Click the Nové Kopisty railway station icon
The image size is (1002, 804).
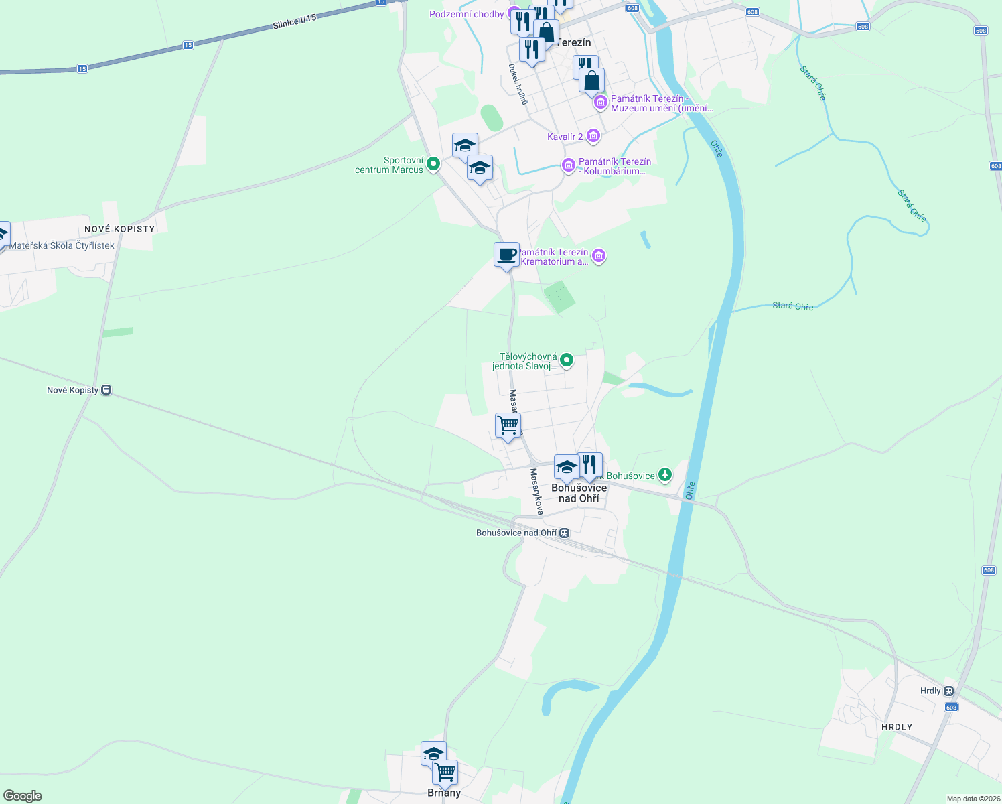[106, 390]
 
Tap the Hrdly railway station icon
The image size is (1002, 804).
[948, 691]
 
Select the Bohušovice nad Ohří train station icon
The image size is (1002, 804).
[565, 533]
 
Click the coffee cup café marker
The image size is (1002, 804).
[507, 255]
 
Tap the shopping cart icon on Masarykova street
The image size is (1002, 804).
[508, 425]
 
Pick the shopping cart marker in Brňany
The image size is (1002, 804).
[445, 773]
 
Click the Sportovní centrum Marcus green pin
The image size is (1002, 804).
[433, 163]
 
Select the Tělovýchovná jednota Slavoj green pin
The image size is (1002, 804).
[567, 360]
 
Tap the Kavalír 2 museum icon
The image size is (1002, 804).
[593, 137]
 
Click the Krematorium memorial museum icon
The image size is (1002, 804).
[599, 256]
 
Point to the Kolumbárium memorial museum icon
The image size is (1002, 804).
[568, 165]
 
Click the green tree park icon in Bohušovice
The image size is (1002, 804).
[664, 476]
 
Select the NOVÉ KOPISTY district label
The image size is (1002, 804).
[120, 229]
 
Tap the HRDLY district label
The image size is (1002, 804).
[897, 727]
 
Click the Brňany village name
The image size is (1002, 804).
[444, 793]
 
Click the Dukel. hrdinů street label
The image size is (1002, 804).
[518, 84]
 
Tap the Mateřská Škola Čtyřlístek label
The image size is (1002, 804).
[62, 245]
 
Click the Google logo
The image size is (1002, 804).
[23, 796]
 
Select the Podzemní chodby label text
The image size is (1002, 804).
[467, 14]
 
